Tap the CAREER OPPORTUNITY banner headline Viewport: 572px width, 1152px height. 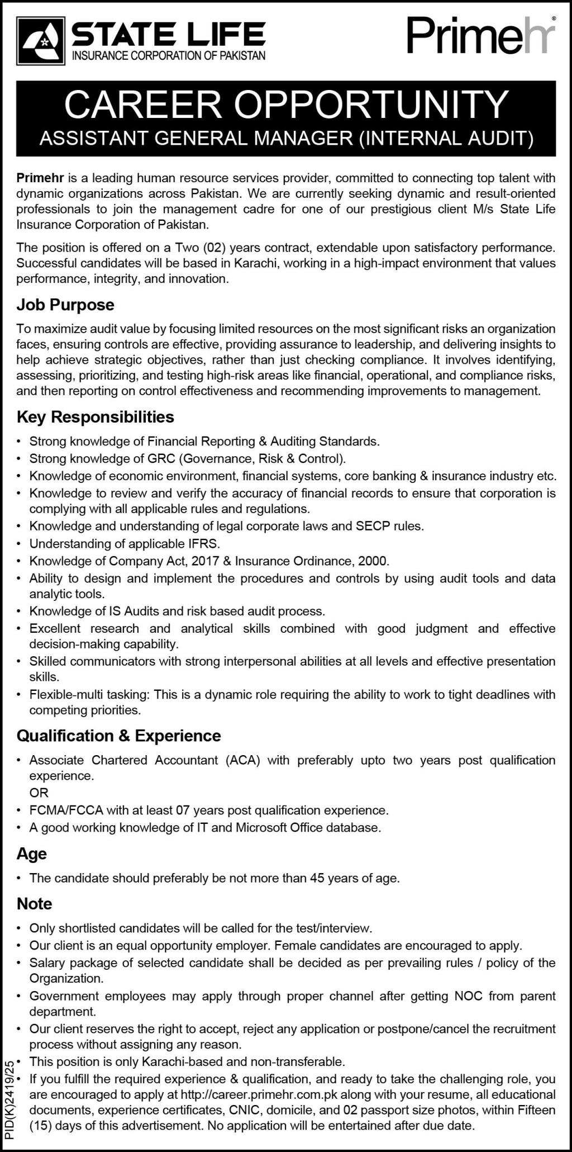[x=286, y=105]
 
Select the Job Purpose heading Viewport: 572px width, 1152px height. [x=65, y=305]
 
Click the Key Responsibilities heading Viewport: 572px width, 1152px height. [x=96, y=417]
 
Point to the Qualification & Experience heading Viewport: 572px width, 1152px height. [x=119, y=736]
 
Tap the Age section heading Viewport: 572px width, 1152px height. [x=32, y=854]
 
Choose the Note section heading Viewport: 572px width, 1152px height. [x=35, y=904]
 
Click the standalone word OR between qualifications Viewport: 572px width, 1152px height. [x=39, y=793]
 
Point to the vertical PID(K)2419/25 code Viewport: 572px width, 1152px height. [x=9, y=1099]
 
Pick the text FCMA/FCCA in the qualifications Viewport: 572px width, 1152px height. [x=60, y=810]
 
